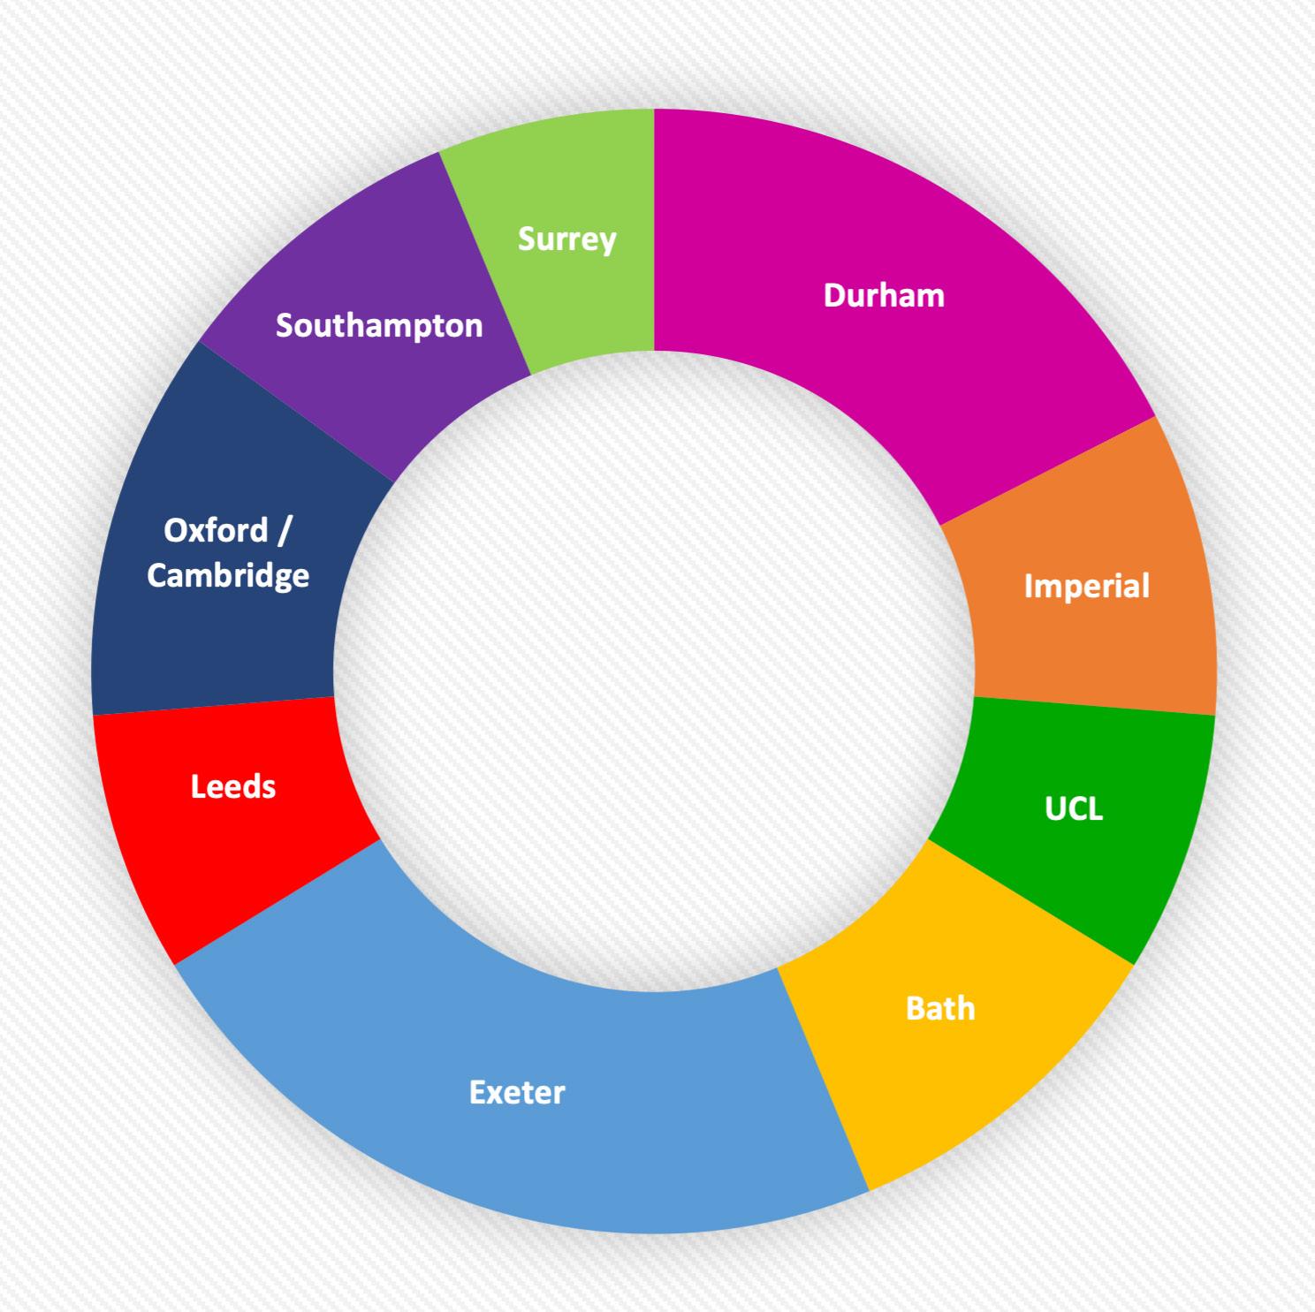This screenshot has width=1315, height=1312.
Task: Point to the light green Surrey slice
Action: [x=574, y=292]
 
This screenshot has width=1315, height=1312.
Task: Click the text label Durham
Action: [x=884, y=295]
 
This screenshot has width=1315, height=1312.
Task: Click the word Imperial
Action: [x=1086, y=586]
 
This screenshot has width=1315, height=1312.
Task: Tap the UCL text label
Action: [x=1074, y=808]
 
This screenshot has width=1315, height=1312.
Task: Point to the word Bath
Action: [x=940, y=1008]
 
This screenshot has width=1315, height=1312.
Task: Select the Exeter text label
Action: [x=517, y=1093]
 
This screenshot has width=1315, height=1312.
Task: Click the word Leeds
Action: [x=233, y=786]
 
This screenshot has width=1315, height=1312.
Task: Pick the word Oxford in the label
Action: [x=216, y=530]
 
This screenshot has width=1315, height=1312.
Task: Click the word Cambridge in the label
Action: [x=228, y=575]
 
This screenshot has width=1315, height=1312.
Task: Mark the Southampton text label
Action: [x=379, y=326]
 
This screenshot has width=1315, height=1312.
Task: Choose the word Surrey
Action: [x=566, y=239]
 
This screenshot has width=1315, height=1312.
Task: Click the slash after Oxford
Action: [x=285, y=530]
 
